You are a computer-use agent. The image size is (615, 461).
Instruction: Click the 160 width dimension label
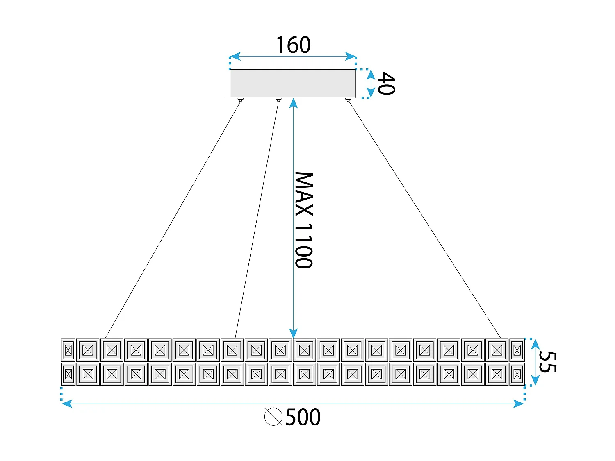pyautogui.click(x=293, y=45)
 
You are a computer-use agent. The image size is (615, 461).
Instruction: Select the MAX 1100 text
pyautogui.click(x=304, y=220)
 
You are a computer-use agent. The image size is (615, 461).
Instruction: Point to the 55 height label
pyautogui.click(x=547, y=362)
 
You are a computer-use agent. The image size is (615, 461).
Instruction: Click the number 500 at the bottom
pyautogui.click(x=303, y=417)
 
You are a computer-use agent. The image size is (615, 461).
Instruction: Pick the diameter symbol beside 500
pyautogui.click(x=273, y=417)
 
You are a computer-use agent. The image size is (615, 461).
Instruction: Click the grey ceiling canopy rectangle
pyautogui.click(x=293, y=83)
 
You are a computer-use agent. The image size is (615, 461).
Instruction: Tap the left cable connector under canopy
pyautogui.click(x=241, y=100)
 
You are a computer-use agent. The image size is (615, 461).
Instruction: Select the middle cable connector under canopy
pyautogui.click(x=278, y=100)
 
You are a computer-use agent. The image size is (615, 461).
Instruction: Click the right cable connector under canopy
pyautogui.click(x=348, y=100)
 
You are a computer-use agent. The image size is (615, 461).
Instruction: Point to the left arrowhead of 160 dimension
pyautogui.click(x=234, y=56)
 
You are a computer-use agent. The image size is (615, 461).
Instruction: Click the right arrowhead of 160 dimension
pyautogui.click(x=351, y=56)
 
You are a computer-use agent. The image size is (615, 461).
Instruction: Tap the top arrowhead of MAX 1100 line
pyautogui.click(x=293, y=103)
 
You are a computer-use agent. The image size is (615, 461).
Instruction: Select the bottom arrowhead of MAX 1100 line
pyautogui.click(x=293, y=334)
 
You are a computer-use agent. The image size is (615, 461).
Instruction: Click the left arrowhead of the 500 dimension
pyautogui.click(x=66, y=404)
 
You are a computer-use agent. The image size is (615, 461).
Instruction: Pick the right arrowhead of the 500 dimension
pyautogui.click(x=519, y=404)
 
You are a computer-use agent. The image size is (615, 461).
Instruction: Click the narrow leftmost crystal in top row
pyautogui.click(x=68, y=350)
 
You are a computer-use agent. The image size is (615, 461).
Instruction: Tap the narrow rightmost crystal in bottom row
pyautogui.click(x=517, y=374)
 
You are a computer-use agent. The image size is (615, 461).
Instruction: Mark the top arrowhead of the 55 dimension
pyautogui.click(x=535, y=343)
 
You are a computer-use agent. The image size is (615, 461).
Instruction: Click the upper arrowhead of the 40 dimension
pyautogui.click(x=371, y=74)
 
